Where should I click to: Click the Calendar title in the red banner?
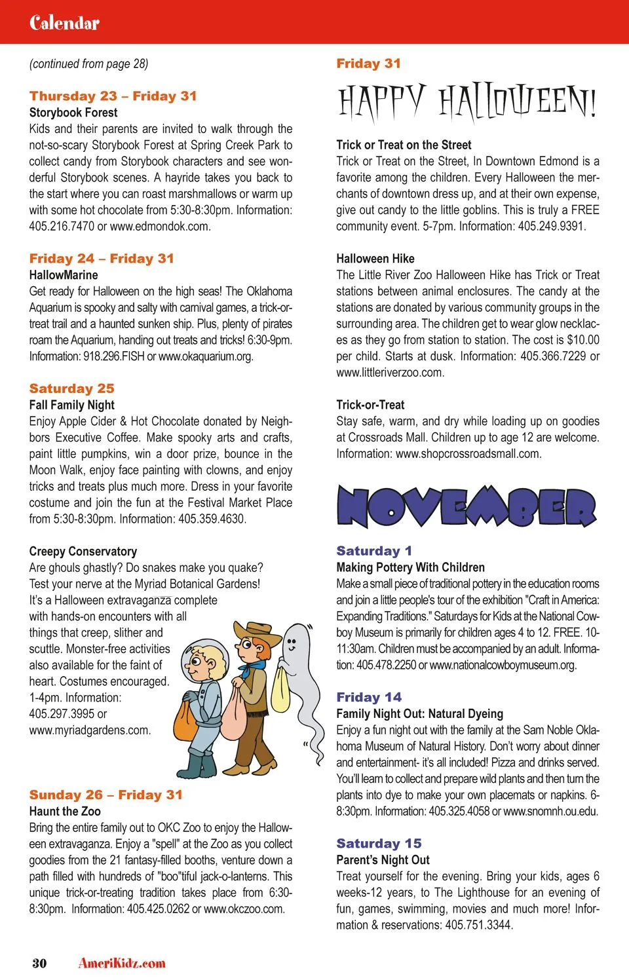(64, 23)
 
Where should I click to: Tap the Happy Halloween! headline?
(467, 104)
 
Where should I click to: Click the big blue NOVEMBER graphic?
(466, 507)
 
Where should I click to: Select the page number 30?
(39, 963)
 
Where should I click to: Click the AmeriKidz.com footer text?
(122, 963)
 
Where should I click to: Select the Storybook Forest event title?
(73, 113)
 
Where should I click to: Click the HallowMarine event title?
(64, 275)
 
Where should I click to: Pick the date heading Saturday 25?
(71, 388)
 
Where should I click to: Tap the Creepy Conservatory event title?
(83, 552)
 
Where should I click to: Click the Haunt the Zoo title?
(65, 811)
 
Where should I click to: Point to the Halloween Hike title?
(375, 259)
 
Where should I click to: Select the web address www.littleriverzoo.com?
(390, 373)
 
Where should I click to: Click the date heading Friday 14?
(369, 697)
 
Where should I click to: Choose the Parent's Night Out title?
(383, 860)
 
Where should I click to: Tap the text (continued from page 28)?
(88, 64)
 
